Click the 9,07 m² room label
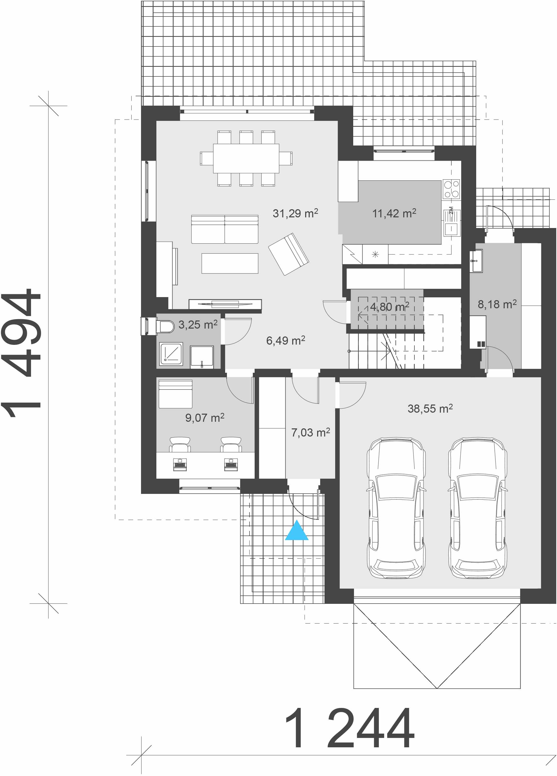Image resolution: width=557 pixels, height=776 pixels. [205, 417]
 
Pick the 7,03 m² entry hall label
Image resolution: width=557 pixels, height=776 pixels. [311, 432]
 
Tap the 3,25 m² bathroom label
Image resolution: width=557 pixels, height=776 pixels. [198, 324]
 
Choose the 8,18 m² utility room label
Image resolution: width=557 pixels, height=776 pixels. [497, 304]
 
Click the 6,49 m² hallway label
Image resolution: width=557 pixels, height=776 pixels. [286, 341]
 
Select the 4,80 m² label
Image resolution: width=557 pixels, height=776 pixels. [390, 306]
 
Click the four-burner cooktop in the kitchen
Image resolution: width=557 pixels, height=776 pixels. [452, 189]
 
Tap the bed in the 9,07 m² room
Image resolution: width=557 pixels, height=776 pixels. [175, 394]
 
